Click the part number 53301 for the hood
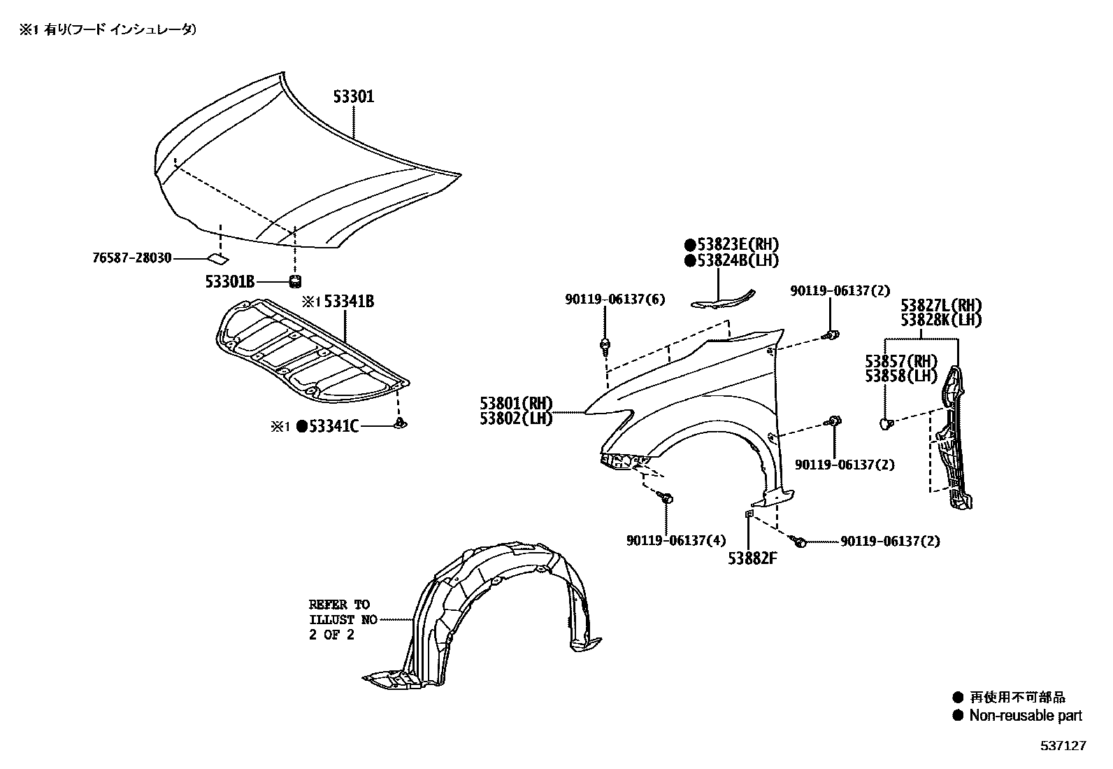coord(353,97)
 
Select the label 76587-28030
coord(131,257)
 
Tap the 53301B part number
coord(229,281)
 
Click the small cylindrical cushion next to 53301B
coord(295,281)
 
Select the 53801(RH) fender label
coord(516,404)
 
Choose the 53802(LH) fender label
coord(516,418)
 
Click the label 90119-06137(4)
coord(666,540)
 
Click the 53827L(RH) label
coord(941,305)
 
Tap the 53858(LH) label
coord(900,376)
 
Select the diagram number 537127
coord(1063,746)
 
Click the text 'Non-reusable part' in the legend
coord(1025,715)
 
